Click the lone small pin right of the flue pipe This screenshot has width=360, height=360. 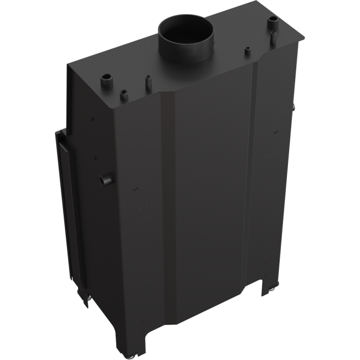[246, 53]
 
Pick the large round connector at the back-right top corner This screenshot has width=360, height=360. [273, 22]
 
